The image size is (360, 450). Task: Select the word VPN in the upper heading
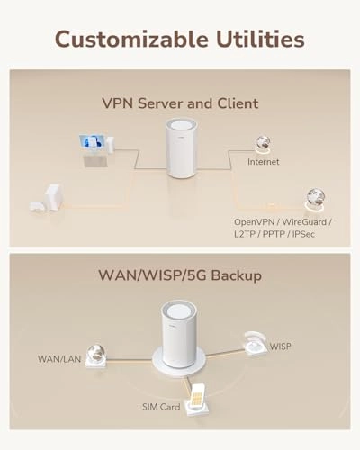117,103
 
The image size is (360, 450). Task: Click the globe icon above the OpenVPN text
315,197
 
